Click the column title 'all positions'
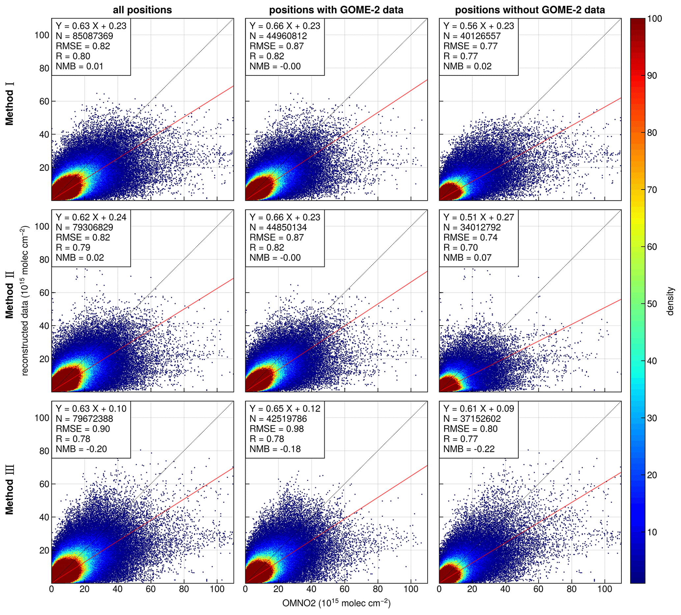coord(142,10)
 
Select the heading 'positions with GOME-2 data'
coord(336,10)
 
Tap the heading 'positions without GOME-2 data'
coord(530,10)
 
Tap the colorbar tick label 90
coord(654,76)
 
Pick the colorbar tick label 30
coord(654,418)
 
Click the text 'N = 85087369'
coord(84,36)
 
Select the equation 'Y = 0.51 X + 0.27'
coord(479,217)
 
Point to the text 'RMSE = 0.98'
coord(277,429)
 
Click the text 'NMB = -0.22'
coord(469,449)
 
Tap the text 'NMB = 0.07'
coord(467,258)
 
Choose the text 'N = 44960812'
coord(278,36)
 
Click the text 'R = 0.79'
coord(73,248)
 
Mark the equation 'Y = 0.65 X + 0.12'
coord(285,409)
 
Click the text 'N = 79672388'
coord(84,419)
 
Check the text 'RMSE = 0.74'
coord(470,238)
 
